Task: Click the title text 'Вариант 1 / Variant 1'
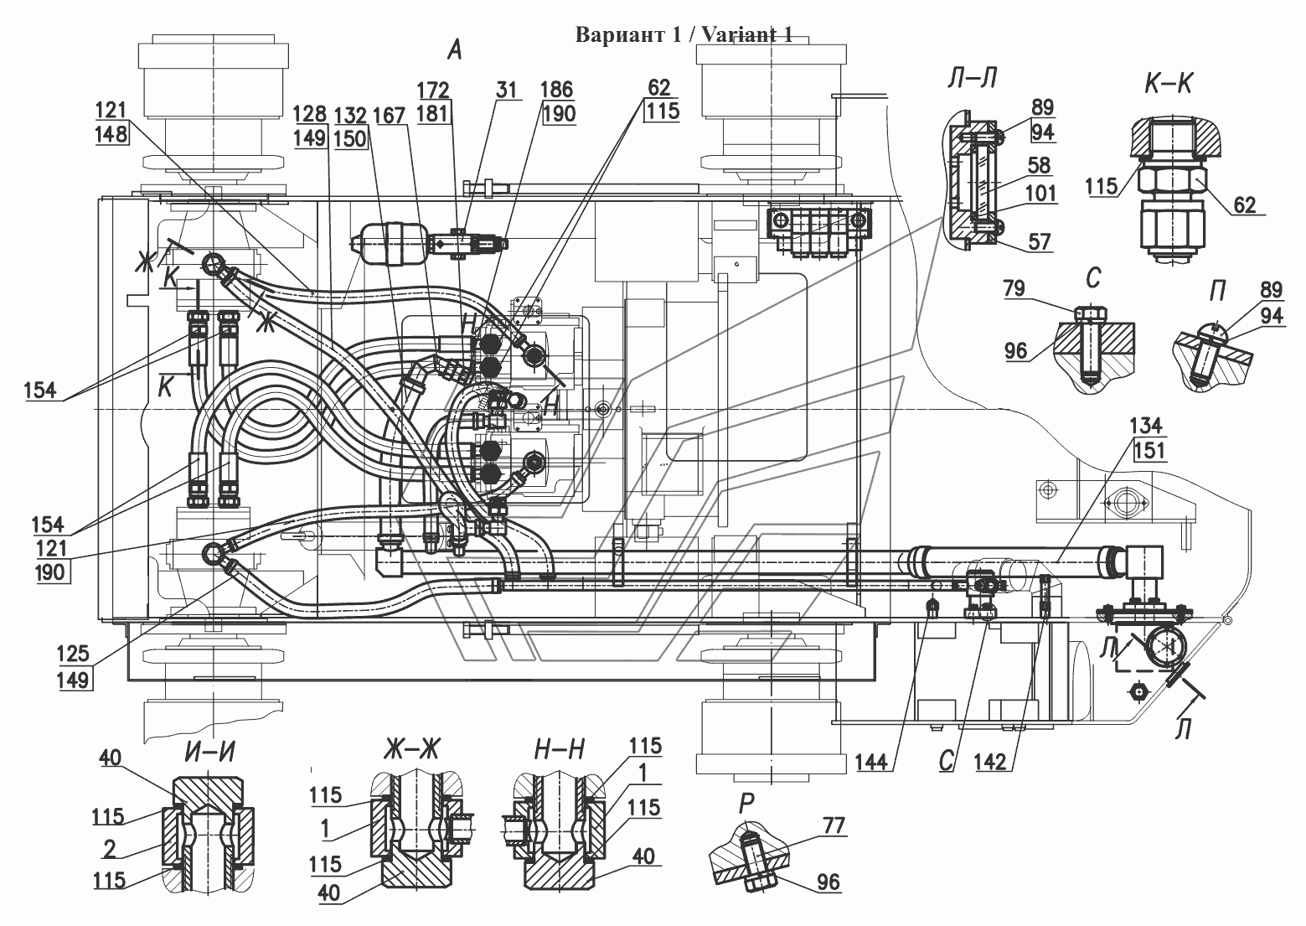(x=684, y=35)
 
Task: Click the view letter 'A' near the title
(x=454, y=50)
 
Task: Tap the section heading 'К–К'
(x=1168, y=84)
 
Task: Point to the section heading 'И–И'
(x=209, y=753)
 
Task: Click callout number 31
(x=506, y=90)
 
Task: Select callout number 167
(x=389, y=116)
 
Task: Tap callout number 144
(x=871, y=762)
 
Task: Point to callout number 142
(x=990, y=762)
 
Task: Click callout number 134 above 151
(x=1146, y=426)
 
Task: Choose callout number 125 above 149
(x=73, y=654)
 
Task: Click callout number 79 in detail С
(x=1014, y=288)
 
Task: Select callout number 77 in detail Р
(x=834, y=825)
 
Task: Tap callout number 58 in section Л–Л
(x=1039, y=166)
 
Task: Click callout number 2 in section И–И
(x=110, y=850)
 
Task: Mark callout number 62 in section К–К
(x=1244, y=204)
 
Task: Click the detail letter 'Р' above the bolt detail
(x=746, y=804)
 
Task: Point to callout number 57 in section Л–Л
(x=1039, y=241)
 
